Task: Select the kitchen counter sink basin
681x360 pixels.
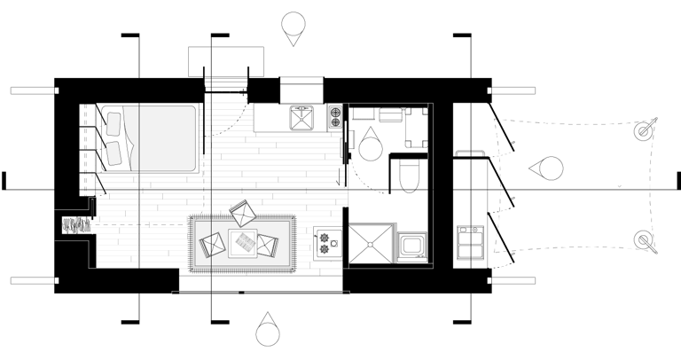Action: pyautogui.click(x=302, y=117)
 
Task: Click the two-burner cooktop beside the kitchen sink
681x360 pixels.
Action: pyautogui.click(x=335, y=118)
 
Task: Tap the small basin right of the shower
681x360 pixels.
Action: pyautogui.click(x=411, y=246)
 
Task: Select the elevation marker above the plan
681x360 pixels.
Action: pyautogui.click(x=293, y=28)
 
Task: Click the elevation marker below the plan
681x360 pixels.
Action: pyautogui.click(x=268, y=332)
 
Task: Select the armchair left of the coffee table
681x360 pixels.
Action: pyautogui.click(x=213, y=243)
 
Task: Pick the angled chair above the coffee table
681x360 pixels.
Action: pyautogui.click(x=242, y=213)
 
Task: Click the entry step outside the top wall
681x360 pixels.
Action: pyautogui.click(x=226, y=60)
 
